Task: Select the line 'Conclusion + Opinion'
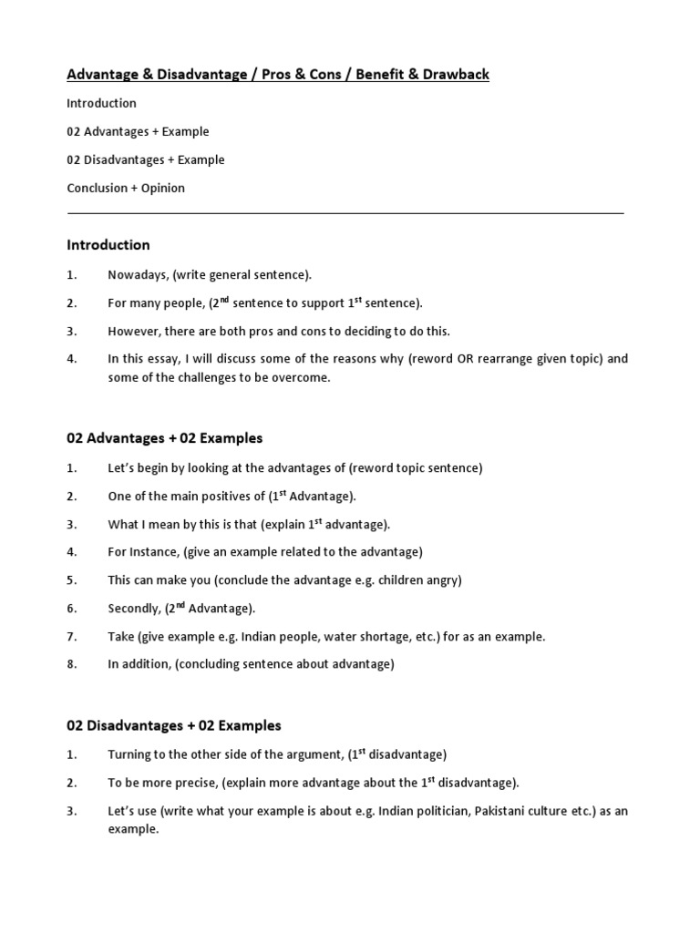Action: [126, 188]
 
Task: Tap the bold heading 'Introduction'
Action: [108, 245]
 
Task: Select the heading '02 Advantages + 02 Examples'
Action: [165, 438]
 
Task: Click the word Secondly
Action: [134, 608]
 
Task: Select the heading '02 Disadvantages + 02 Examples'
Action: [174, 726]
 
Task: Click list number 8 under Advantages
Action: [72, 664]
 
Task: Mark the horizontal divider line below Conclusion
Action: [346, 213]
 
